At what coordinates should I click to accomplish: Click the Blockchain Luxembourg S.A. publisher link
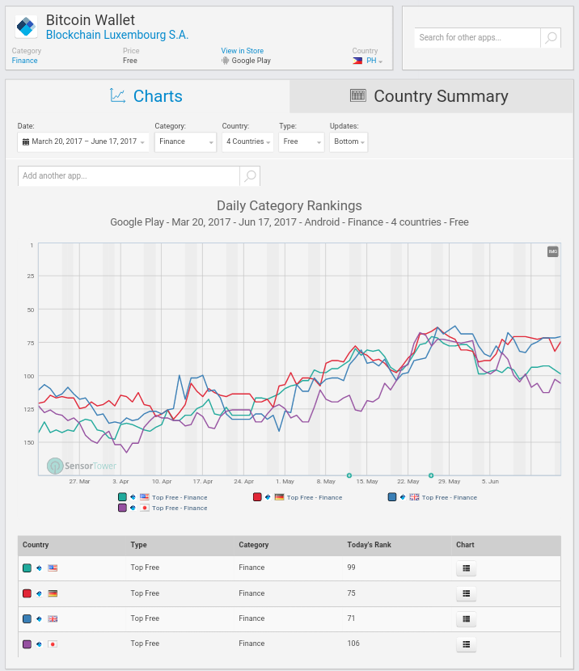pyautogui.click(x=116, y=35)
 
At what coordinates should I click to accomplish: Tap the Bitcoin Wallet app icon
pyautogui.click(x=27, y=27)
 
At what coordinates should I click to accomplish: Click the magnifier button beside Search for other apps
pyautogui.click(x=550, y=38)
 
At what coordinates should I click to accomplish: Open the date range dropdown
pyautogui.click(x=83, y=141)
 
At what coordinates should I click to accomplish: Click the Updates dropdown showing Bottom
pyautogui.click(x=349, y=141)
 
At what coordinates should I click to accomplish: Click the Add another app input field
pyautogui.click(x=129, y=175)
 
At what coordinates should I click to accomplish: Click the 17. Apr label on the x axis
pyautogui.click(x=203, y=480)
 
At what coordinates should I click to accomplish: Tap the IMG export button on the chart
pyautogui.click(x=553, y=251)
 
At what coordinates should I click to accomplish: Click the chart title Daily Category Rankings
pyautogui.click(x=289, y=205)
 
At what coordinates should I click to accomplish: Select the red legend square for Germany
pyautogui.click(x=257, y=497)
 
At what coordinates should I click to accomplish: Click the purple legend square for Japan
pyautogui.click(x=122, y=508)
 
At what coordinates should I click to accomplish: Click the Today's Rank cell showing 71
pyautogui.click(x=351, y=618)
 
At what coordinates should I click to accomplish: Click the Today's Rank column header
pyautogui.click(x=369, y=545)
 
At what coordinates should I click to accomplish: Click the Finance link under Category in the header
pyautogui.click(x=24, y=61)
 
